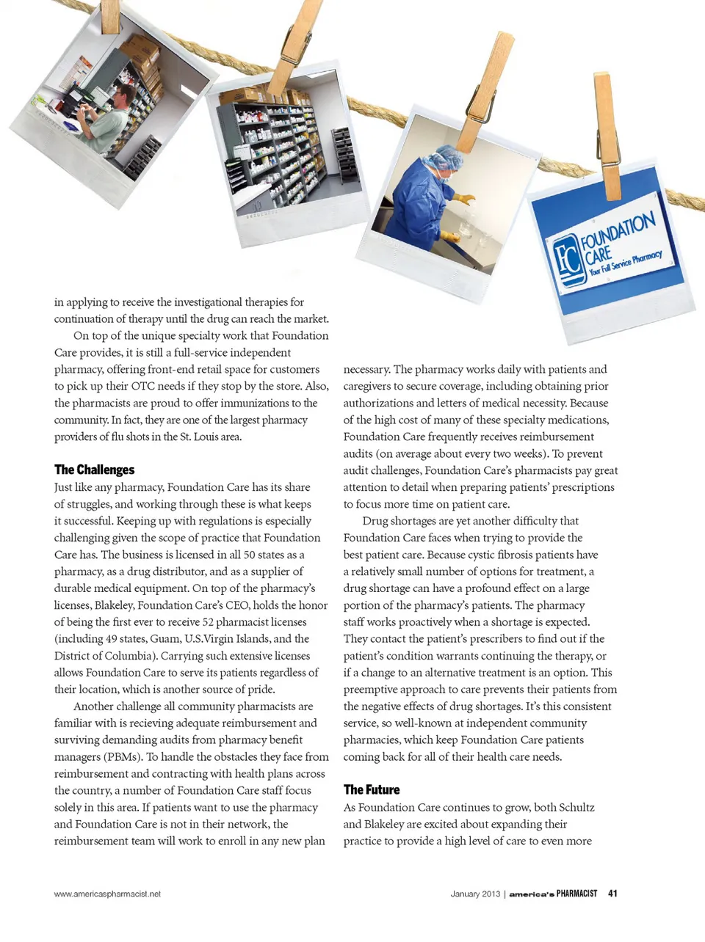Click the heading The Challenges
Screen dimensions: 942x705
pyautogui.click(x=94, y=470)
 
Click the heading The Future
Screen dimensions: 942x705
pyautogui.click(x=372, y=789)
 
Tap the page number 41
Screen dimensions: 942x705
pyautogui.click(x=612, y=894)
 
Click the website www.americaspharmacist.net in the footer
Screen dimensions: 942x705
pyautogui.click(x=107, y=894)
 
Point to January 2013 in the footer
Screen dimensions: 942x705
pyautogui.click(x=475, y=894)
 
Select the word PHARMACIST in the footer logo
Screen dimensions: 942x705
pyautogui.click(x=576, y=894)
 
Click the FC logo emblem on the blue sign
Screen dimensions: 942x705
pyautogui.click(x=566, y=260)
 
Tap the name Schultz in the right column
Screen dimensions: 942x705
pyautogui.click(x=576, y=807)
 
